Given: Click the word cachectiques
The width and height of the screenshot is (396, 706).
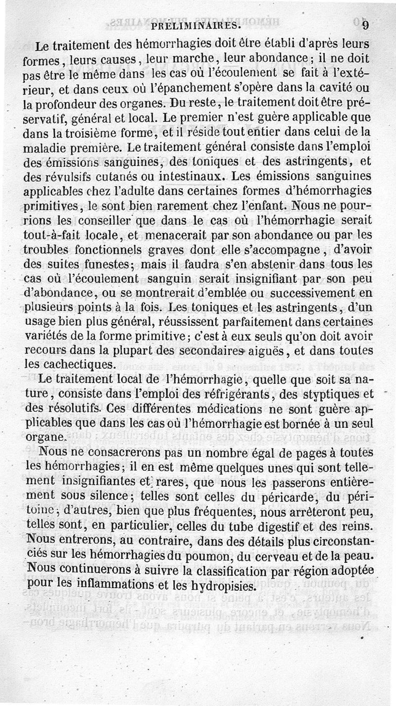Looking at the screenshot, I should tap(85, 364).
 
